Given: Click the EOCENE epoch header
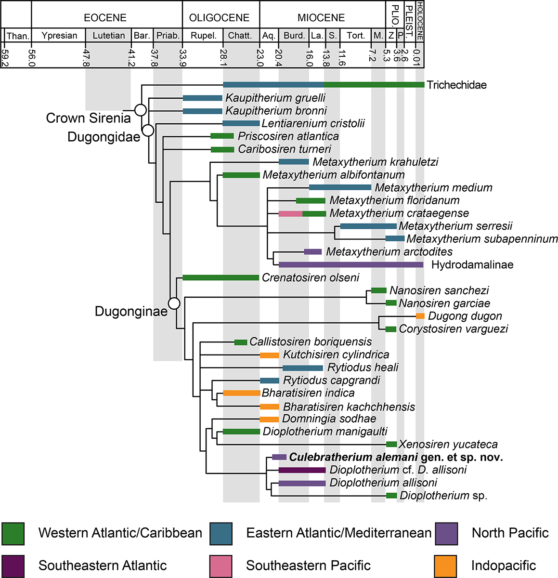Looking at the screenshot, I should click(105, 18).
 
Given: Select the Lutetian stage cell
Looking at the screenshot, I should click(108, 36).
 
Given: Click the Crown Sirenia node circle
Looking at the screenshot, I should click(140, 110).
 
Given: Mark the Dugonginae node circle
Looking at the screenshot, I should click(174, 303).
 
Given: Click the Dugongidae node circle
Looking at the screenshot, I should click(148, 130).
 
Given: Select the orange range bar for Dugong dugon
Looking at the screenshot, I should click(420, 316).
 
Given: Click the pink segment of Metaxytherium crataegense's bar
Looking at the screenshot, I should click(290, 213).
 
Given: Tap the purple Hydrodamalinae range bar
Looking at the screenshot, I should click(351, 264).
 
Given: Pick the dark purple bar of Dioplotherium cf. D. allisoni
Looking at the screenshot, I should click(302, 470).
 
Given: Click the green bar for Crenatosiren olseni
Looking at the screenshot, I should click(221, 277).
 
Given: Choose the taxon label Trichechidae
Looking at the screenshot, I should click(456, 85).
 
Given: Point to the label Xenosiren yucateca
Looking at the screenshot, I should click(448, 444).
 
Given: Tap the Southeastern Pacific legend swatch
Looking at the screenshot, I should click(221, 565).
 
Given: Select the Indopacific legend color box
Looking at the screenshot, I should click(445, 565).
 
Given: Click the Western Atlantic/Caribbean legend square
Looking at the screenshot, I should click(13, 533).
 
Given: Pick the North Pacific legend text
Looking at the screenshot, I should click(510, 533).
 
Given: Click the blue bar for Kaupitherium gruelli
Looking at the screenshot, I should click(202, 98).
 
